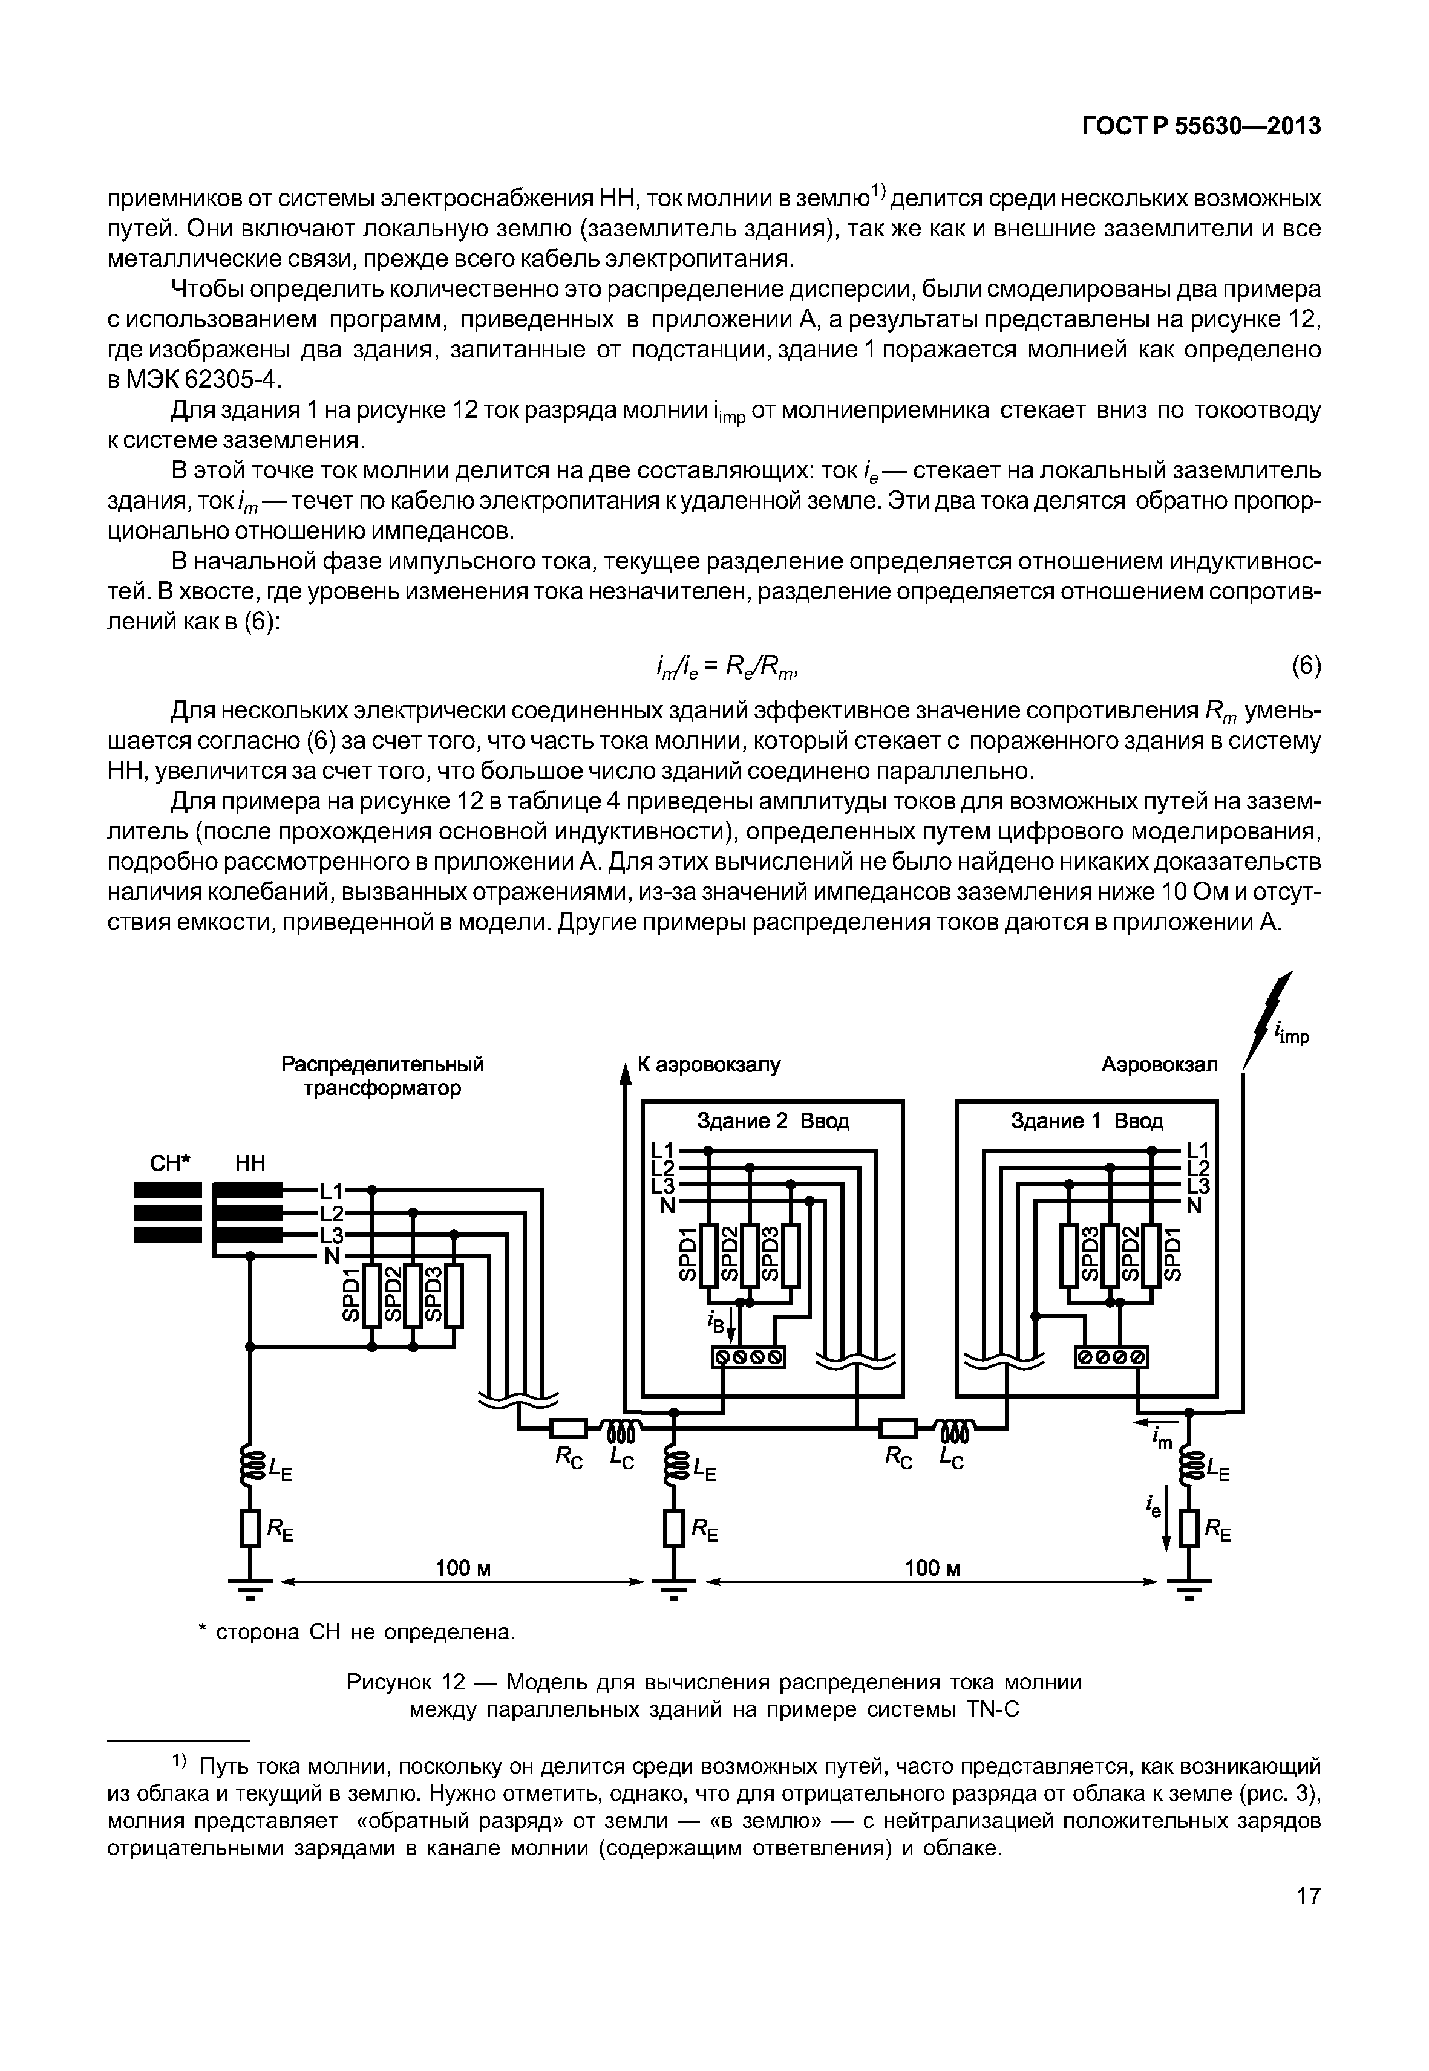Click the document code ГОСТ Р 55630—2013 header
coord(1202,127)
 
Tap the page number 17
coord(1308,1920)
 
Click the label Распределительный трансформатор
coord(382,1076)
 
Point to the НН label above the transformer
coord(250,1163)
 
